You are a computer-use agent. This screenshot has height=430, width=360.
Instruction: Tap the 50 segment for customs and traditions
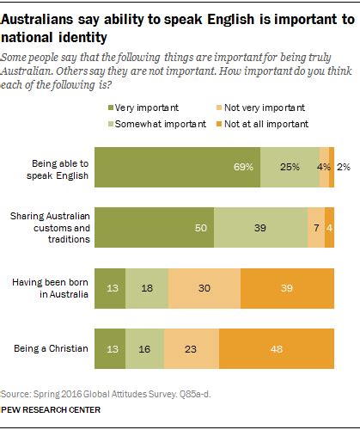154,228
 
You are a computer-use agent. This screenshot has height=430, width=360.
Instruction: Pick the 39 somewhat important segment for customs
260,228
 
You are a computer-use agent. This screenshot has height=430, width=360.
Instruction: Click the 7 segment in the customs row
316,228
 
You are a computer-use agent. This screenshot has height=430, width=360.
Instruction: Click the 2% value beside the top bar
343,168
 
